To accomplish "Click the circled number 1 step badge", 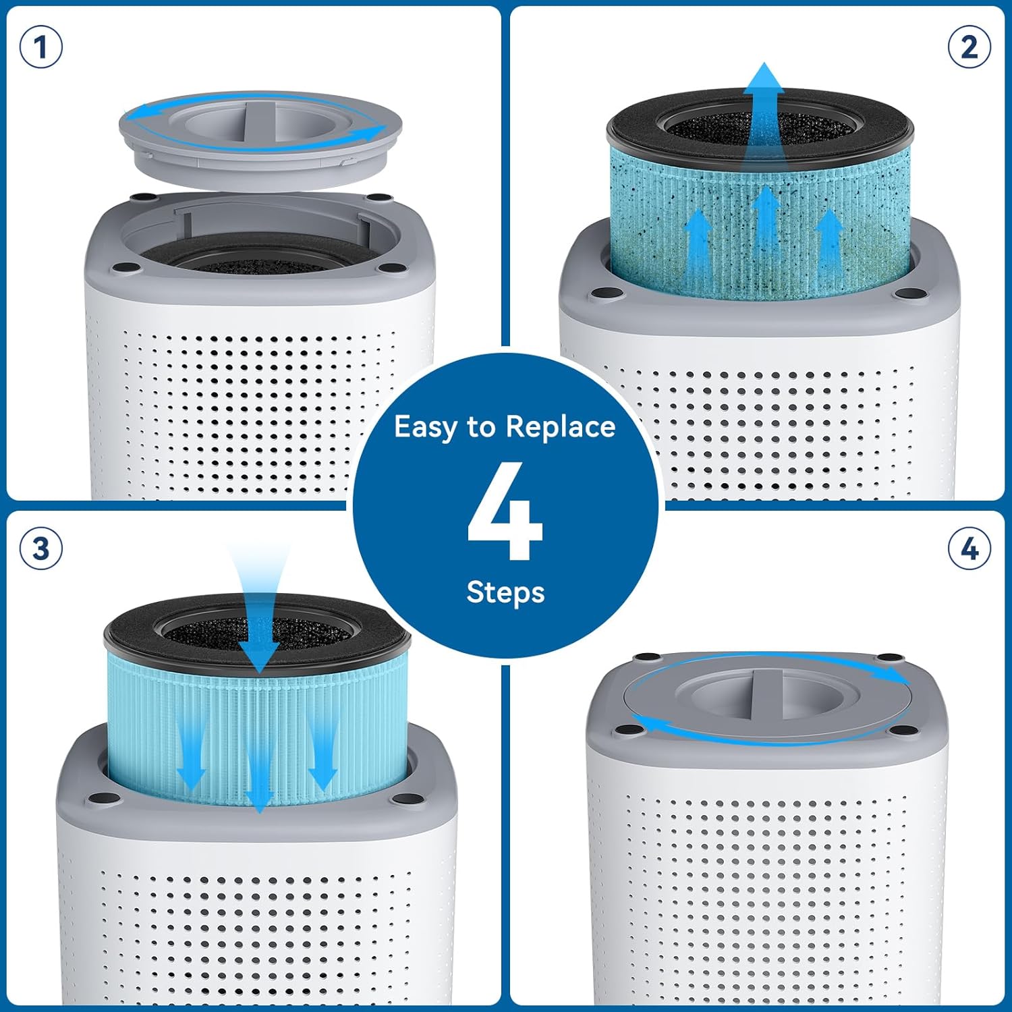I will pyautogui.click(x=41, y=48).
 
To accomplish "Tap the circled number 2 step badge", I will pyautogui.click(x=969, y=48).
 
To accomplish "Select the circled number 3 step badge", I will pyautogui.click(x=41, y=549).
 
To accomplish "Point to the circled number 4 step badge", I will pyautogui.click(x=969, y=549).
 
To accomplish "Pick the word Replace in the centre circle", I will pyautogui.click(x=561, y=426).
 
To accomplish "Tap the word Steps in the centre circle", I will pyautogui.click(x=505, y=592).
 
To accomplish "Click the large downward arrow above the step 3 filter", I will pyautogui.click(x=259, y=607).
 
